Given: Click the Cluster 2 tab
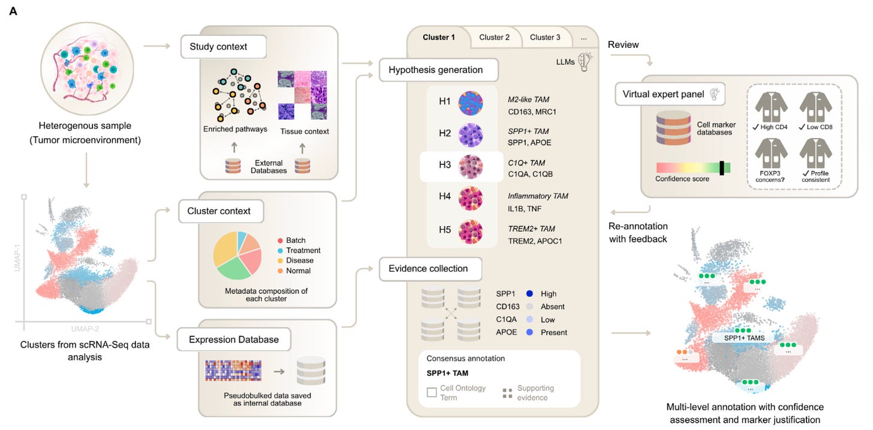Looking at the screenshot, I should pyautogui.click(x=495, y=37).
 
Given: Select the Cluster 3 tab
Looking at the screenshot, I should pyautogui.click(x=545, y=37).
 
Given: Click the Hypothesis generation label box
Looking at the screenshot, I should pyautogui.click(x=439, y=70).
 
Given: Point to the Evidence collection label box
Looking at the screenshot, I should pyautogui.click(x=431, y=269).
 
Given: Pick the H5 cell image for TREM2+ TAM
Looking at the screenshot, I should pyautogui.click(x=471, y=233).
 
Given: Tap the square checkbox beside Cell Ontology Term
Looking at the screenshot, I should pyautogui.click(x=431, y=393).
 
